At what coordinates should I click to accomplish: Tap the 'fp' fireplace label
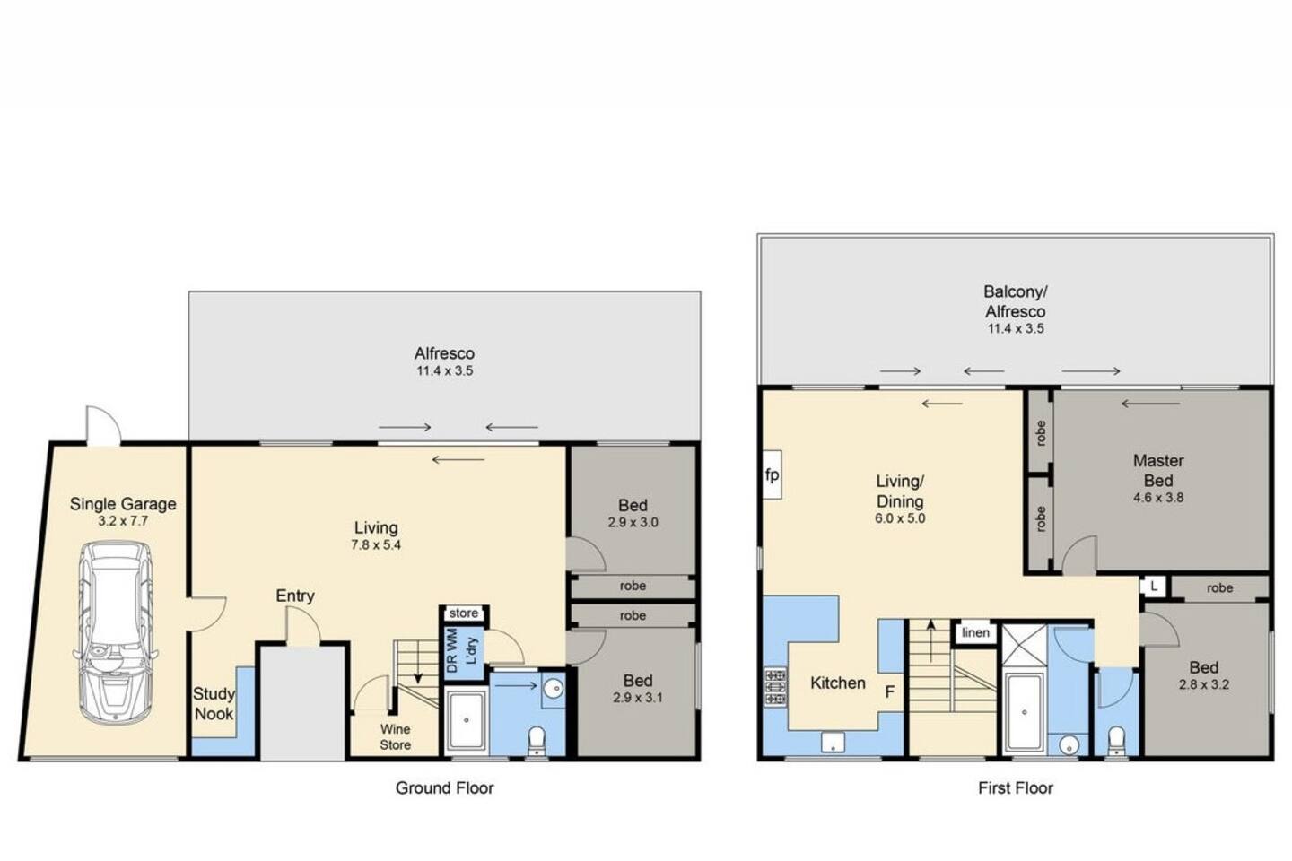[772, 475]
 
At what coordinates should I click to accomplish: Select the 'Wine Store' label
[395, 737]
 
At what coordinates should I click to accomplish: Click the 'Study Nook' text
[214, 703]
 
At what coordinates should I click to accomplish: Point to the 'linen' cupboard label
[975, 632]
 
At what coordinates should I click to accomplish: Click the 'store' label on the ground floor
[463, 613]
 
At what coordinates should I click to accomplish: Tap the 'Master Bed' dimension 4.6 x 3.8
[1158, 497]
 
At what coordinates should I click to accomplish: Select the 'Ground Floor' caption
[444, 787]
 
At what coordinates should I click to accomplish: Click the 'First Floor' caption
[1015, 787]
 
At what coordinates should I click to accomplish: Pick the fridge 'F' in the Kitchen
[889, 691]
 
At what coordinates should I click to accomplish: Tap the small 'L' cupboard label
[1154, 587]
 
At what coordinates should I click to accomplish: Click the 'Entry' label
[294, 596]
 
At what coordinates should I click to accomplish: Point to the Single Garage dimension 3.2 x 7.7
[123, 521]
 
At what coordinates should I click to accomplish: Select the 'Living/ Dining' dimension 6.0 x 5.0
[900, 518]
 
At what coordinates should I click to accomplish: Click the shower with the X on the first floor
[1025, 647]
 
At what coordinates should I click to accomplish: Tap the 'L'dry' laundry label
[471, 650]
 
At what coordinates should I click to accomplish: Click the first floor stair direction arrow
[931, 640]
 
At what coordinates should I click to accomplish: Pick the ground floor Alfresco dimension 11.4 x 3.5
[445, 370]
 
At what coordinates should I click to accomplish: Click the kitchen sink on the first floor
[833, 743]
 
